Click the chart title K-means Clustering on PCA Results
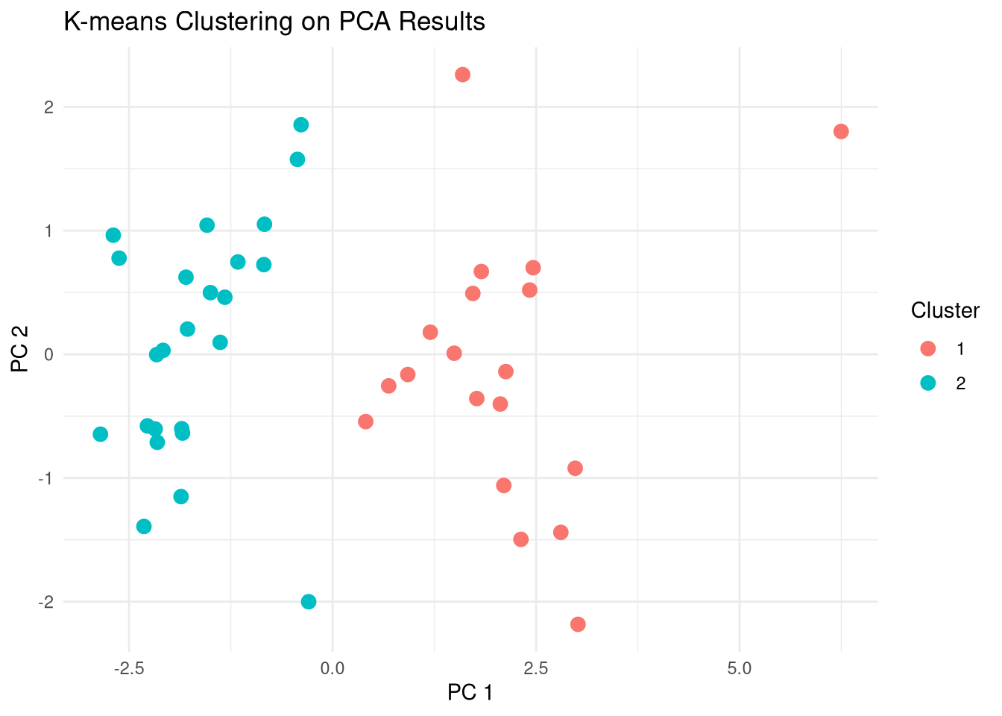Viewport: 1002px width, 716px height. pyautogui.click(x=274, y=22)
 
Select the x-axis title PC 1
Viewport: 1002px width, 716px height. pyautogui.click(x=470, y=693)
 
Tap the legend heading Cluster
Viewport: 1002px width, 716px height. pyautogui.click(x=945, y=310)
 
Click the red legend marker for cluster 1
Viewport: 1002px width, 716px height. pyautogui.click(x=928, y=348)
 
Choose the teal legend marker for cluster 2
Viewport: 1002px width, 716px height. pyautogui.click(x=928, y=383)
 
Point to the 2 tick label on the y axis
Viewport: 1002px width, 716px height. pyautogui.click(x=49, y=107)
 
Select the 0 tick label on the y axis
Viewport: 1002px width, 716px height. pyautogui.click(x=49, y=354)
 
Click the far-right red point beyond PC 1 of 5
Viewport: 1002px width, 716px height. pyautogui.click(x=841, y=131)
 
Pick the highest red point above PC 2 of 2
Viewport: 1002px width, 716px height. pyautogui.click(x=462, y=75)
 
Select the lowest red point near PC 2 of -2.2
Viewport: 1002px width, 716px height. pyautogui.click(x=578, y=624)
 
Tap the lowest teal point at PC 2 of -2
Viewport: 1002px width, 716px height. pyautogui.click(x=309, y=602)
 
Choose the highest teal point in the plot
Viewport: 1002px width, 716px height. pyautogui.click(x=301, y=125)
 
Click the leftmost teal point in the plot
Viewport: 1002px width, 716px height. pyautogui.click(x=101, y=434)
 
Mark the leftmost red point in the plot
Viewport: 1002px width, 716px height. pyautogui.click(x=365, y=421)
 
